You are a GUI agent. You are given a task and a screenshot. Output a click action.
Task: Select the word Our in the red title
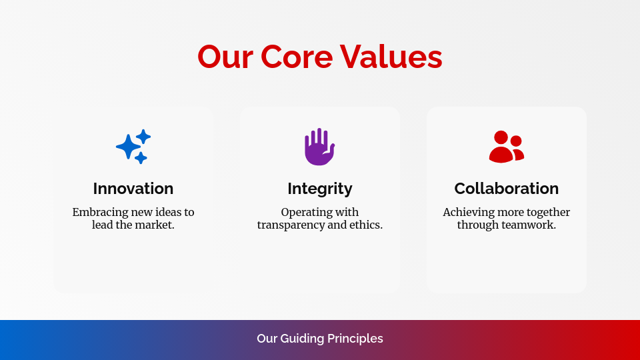[x=225, y=57]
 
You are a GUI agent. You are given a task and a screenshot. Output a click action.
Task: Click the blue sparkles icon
[x=133, y=147]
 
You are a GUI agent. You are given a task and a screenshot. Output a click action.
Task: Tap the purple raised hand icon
[x=319, y=147]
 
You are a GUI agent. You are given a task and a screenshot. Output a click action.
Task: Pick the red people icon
[x=506, y=147]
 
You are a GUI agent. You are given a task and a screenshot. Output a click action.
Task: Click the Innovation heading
[x=133, y=189]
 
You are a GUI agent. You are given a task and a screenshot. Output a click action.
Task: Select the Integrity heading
[x=320, y=189]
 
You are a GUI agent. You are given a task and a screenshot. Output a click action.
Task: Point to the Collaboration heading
[x=507, y=189]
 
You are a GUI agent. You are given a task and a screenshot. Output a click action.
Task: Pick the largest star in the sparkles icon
[x=127, y=147]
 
